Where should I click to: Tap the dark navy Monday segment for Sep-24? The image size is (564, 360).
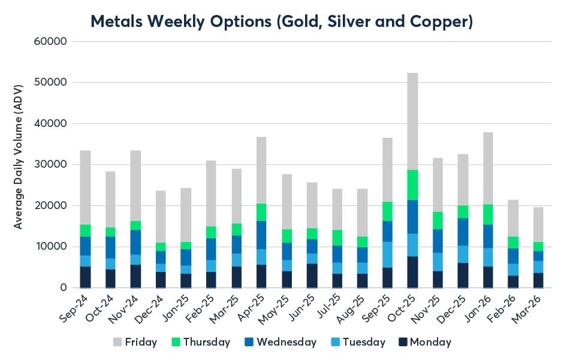tap(85, 277)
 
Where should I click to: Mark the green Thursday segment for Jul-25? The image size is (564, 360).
tap(337, 238)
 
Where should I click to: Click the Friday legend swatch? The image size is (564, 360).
tap(117, 342)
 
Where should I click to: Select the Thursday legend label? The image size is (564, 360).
tap(206, 342)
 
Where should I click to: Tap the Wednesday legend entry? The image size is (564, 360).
tap(286, 342)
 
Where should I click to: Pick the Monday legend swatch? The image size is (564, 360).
tap(403, 342)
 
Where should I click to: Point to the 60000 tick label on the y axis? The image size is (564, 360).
tap(52, 41)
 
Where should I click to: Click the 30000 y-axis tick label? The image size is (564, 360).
tap(52, 165)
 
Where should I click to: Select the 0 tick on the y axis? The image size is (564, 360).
tap(62, 288)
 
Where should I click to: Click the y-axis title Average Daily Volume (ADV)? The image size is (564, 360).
tap(19, 165)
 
